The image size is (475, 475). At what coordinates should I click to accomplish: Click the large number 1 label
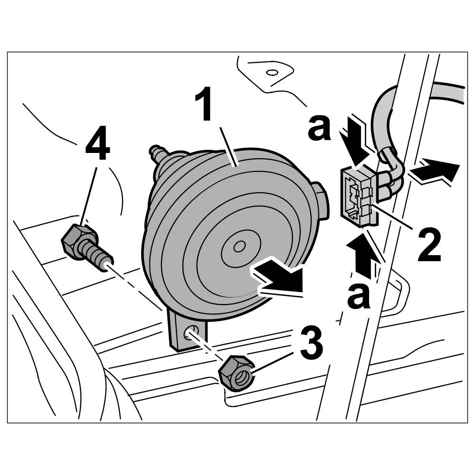tap(205, 105)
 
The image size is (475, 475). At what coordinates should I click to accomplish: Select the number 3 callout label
tap(311, 345)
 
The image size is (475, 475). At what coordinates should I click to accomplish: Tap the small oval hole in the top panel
tap(272, 73)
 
